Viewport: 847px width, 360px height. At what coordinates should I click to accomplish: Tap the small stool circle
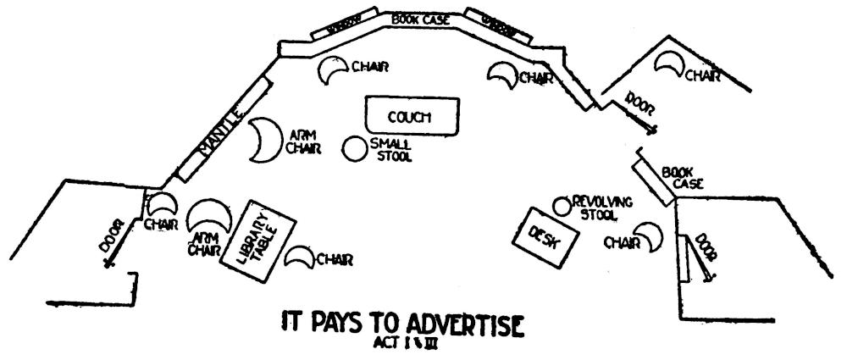coord(354,148)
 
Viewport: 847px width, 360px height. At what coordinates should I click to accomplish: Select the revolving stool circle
coord(561,206)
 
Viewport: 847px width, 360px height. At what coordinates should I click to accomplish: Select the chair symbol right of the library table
coord(300,258)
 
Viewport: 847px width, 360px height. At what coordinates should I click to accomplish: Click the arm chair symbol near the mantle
coord(264,140)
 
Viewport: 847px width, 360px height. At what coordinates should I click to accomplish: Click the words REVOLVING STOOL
coord(603,207)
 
